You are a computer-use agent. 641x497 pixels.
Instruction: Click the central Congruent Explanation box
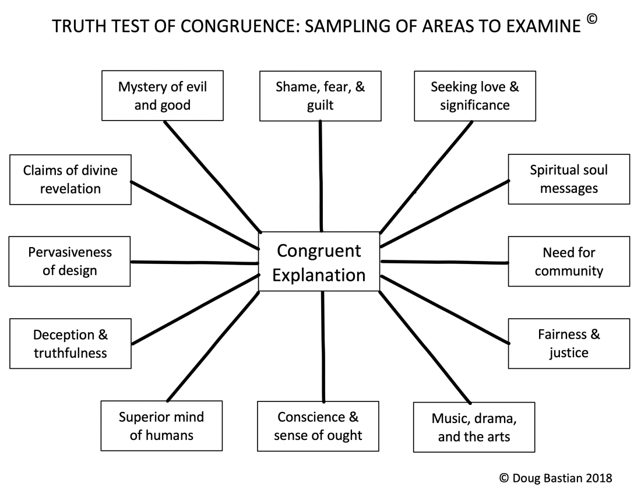[x=319, y=262]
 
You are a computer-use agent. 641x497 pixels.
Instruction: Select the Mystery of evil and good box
[x=162, y=96]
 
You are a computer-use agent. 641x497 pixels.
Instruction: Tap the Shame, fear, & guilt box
[x=319, y=96]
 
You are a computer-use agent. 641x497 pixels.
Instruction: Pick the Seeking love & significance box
[x=474, y=96]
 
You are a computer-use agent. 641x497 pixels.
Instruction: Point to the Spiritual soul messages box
[x=568, y=179]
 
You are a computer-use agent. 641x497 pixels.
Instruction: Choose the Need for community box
[x=568, y=262]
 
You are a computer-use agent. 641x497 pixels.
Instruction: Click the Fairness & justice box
[x=568, y=343]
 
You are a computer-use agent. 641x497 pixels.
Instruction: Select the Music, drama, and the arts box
[x=474, y=427]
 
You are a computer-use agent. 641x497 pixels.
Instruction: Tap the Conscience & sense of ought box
[x=318, y=426]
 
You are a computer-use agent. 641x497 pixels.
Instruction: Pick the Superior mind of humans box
[x=161, y=426]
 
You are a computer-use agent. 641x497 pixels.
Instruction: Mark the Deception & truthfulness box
[x=70, y=343]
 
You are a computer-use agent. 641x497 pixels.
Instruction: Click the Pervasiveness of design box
[x=70, y=262]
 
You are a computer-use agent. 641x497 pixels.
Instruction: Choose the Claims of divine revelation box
[x=70, y=179]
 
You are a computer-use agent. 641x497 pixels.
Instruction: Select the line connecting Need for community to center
[x=444, y=262]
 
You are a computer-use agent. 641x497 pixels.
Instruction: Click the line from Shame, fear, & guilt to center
[x=320, y=175]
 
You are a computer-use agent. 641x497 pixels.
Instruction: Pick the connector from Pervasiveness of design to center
[x=195, y=263]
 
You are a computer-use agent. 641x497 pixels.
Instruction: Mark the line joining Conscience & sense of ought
[x=323, y=347]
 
